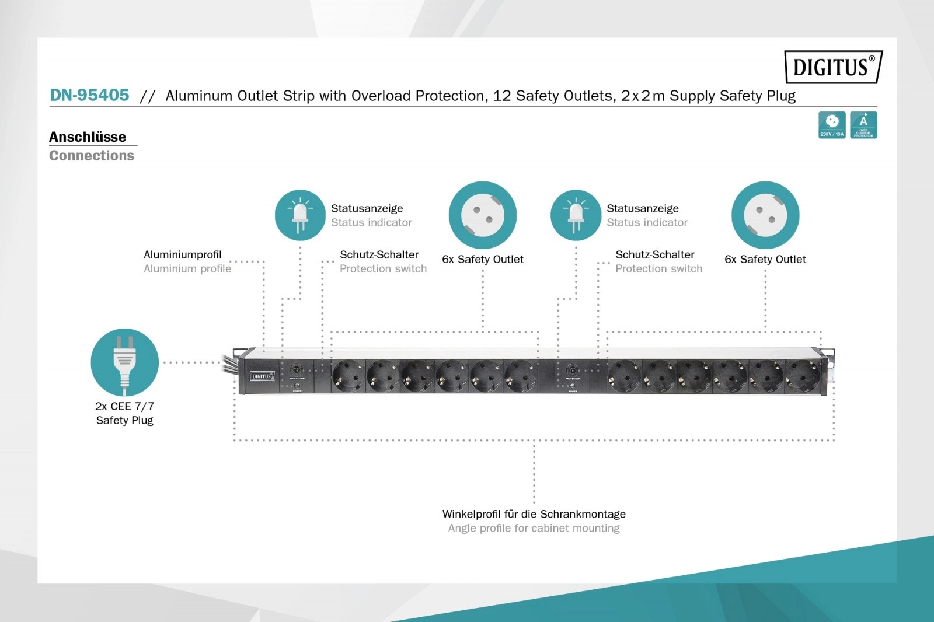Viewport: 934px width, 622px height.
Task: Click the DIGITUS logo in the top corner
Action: point(833,67)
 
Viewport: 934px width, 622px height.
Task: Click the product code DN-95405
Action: point(89,95)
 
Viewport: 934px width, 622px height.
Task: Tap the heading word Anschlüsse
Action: point(88,137)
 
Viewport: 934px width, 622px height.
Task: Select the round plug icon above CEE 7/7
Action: point(124,362)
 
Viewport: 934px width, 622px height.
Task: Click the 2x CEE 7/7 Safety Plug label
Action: point(124,413)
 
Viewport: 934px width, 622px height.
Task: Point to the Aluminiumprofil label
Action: point(183,255)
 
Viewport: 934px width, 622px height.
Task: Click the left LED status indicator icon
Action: point(300,215)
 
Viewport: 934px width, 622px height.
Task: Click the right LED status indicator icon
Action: point(576,215)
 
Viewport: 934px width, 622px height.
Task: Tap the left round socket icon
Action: point(483,215)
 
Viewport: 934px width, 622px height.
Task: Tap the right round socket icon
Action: point(765,215)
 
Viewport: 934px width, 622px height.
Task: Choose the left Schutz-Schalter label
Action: point(379,255)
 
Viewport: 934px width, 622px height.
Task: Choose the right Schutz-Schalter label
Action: point(655,255)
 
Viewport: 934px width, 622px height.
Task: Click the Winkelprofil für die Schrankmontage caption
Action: point(534,514)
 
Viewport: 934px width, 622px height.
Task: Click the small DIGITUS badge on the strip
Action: point(262,376)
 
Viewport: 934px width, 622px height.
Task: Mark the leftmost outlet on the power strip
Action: point(348,376)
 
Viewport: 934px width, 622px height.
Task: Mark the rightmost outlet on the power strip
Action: point(802,376)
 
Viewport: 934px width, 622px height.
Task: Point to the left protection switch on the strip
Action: point(297,370)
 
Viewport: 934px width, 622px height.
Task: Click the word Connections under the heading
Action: point(92,156)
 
